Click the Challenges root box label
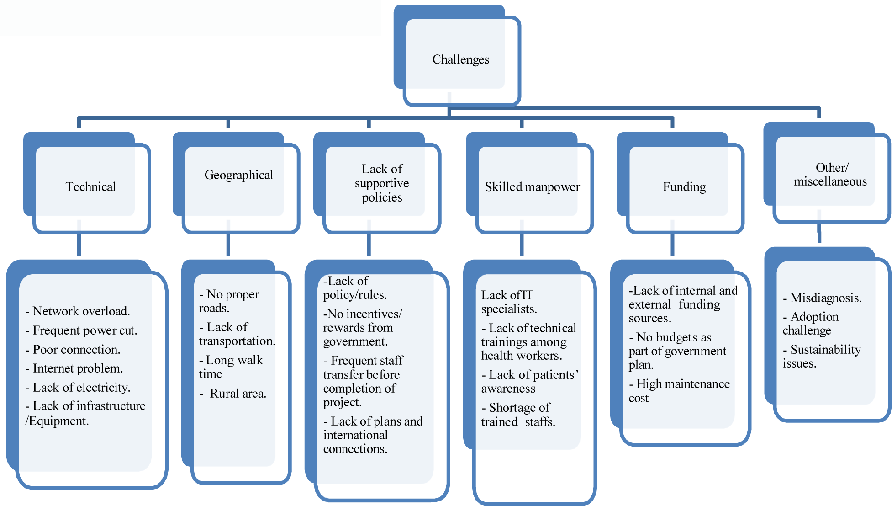[460, 59]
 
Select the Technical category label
[90, 186]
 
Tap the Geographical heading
[238, 175]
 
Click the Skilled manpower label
[532, 186]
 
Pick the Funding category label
[684, 186]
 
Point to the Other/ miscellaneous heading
[830, 175]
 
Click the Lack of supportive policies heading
[382, 183]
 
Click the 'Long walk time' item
[231, 367]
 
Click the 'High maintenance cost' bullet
[680, 390]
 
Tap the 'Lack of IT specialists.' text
[508, 302]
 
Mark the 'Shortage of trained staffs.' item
[517, 414]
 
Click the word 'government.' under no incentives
[355, 341]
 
